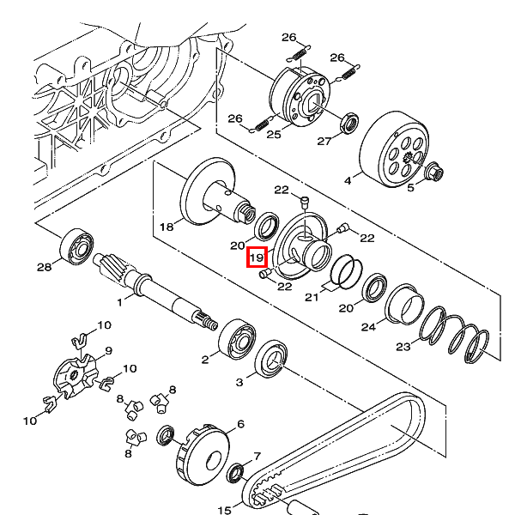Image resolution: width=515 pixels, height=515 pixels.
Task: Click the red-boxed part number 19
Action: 257,257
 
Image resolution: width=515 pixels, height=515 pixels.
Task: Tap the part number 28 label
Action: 44,267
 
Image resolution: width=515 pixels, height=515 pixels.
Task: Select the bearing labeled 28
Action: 77,247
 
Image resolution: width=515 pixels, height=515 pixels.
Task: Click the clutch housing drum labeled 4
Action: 394,149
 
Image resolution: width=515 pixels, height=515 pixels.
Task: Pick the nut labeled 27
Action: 349,124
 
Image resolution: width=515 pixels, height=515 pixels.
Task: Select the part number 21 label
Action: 312,297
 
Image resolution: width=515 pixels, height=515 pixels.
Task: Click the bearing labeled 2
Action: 237,340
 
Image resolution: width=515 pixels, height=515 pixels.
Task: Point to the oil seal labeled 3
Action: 271,359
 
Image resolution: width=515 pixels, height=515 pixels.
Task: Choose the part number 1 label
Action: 119,302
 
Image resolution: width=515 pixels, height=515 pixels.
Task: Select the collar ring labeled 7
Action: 236,473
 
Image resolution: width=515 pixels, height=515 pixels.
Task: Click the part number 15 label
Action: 225,510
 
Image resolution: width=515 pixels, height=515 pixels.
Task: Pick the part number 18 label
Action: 167,227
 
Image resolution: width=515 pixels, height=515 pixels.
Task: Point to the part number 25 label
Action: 274,135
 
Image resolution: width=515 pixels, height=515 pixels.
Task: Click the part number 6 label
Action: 240,424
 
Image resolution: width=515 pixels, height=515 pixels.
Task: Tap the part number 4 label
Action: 348,180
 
